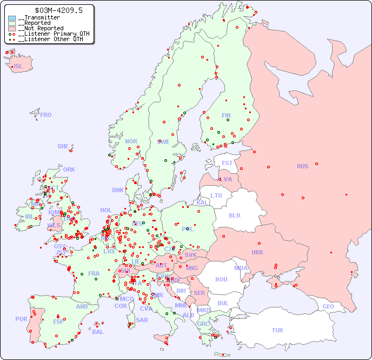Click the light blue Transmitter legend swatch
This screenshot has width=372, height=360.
(x=12, y=18)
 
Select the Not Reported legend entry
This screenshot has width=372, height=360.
(x=41, y=28)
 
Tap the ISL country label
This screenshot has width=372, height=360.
(x=18, y=67)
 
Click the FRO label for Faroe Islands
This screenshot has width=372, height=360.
(x=46, y=115)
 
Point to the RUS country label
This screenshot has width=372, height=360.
(x=302, y=166)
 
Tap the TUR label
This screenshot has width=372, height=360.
(x=277, y=330)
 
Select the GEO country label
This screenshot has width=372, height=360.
(x=328, y=306)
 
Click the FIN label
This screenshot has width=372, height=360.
(x=226, y=115)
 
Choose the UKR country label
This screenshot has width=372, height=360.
(x=257, y=252)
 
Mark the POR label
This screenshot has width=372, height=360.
(x=21, y=319)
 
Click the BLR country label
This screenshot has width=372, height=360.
(x=234, y=215)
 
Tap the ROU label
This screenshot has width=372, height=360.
(x=221, y=279)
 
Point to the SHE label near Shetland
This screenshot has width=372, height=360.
(x=63, y=146)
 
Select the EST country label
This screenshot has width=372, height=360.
(x=227, y=163)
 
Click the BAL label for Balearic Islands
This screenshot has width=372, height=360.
(x=98, y=332)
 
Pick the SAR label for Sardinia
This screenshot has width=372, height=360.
(x=142, y=320)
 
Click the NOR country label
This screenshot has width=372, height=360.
(x=131, y=141)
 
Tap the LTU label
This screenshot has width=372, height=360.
(x=216, y=195)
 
